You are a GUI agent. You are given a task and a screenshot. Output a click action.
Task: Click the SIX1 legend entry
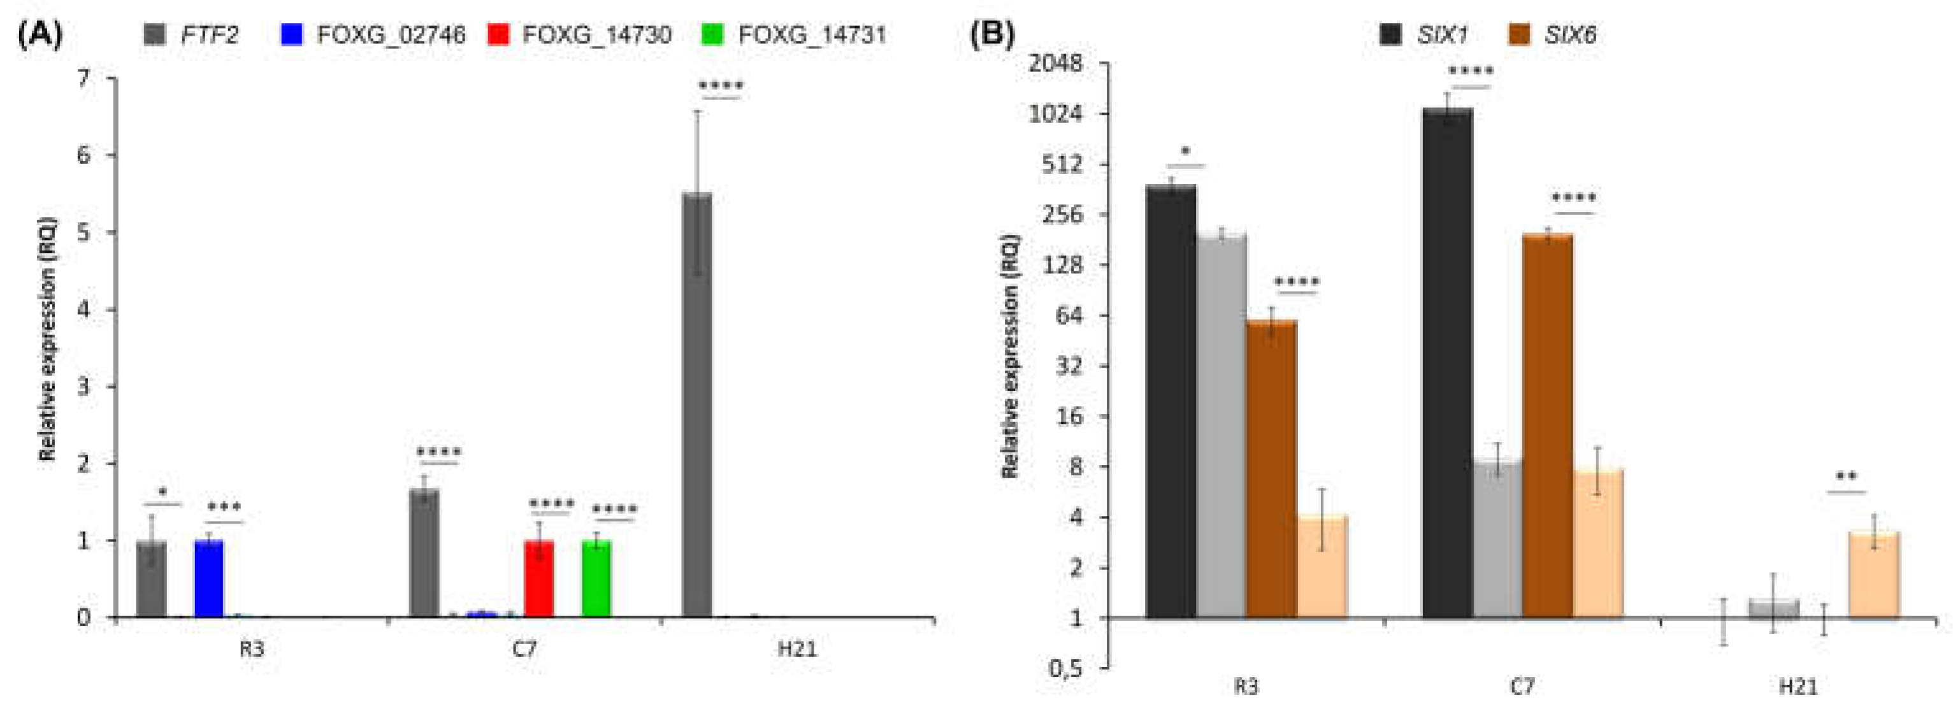pyautogui.click(x=1425, y=35)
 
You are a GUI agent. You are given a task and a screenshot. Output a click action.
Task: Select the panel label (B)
pyautogui.click(x=991, y=35)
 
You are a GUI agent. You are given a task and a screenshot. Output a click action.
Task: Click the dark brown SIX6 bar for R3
pyautogui.click(x=1271, y=469)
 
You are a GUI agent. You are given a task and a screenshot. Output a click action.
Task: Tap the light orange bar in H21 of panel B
pyautogui.click(x=1873, y=576)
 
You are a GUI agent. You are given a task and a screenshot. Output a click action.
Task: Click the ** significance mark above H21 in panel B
pyautogui.click(x=1847, y=477)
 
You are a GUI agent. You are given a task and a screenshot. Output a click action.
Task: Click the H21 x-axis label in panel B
pyautogui.click(x=1798, y=687)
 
